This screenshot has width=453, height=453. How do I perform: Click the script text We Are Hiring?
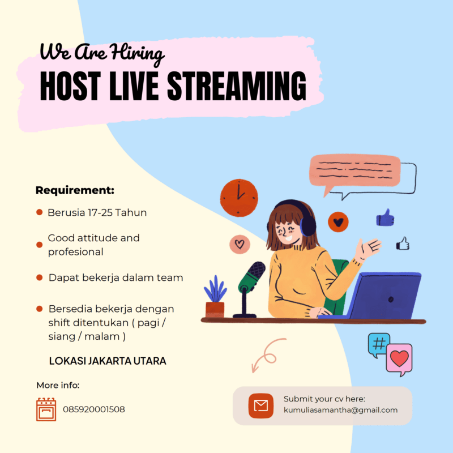click(x=102, y=53)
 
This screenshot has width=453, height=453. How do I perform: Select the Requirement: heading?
click(x=75, y=190)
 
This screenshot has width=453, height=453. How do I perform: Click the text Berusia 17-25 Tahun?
click(x=97, y=213)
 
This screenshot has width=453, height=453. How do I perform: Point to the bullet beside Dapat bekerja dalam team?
click(x=40, y=277)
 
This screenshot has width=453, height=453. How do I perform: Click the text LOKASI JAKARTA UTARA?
click(x=108, y=361)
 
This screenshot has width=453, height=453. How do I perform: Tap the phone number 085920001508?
click(x=94, y=409)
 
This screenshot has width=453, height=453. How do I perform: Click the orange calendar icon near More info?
click(x=46, y=409)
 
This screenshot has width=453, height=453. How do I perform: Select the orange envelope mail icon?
click(x=260, y=405)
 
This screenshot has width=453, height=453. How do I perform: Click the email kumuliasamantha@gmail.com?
click(x=340, y=410)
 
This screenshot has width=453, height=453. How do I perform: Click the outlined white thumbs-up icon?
click(x=403, y=243)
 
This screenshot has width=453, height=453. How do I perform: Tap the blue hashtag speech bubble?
click(x=378, y=343)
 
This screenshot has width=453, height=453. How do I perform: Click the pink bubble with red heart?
click(x=399, y=359)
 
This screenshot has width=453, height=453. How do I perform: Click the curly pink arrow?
click(x=267, y=354)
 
